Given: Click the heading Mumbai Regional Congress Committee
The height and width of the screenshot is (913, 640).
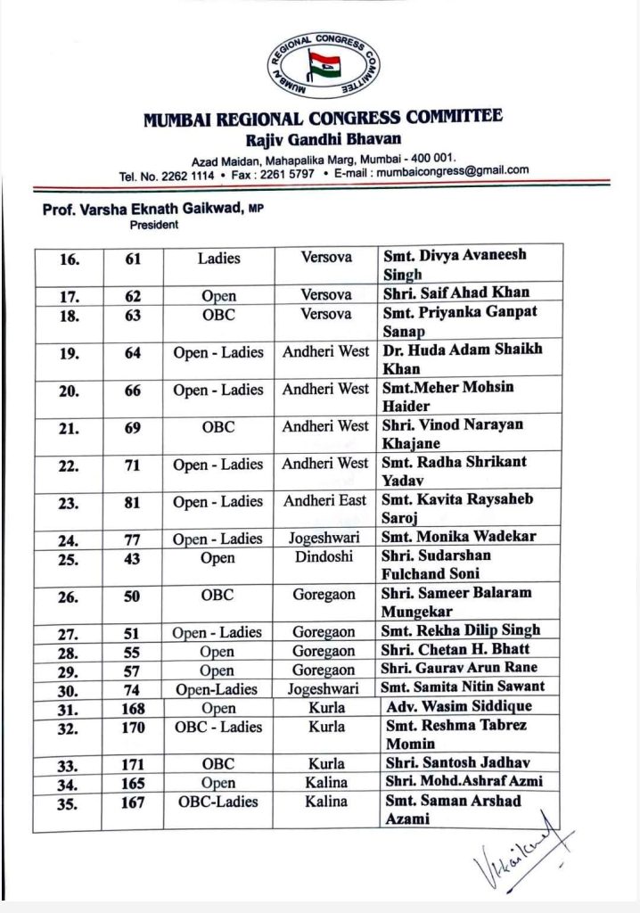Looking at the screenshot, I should (323, 118).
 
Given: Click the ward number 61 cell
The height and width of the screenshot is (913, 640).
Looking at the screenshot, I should (133, 258).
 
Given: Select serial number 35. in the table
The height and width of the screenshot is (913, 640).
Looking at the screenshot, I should (70, 802).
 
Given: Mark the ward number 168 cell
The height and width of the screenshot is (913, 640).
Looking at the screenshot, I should (133, 708).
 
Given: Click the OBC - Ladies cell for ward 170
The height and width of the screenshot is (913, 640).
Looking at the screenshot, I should (218, 727).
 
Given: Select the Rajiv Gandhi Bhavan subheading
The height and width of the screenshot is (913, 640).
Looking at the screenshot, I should (323, 139).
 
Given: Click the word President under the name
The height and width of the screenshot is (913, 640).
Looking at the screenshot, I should (155, 225).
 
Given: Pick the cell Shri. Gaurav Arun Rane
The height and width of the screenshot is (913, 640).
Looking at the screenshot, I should (459, 669).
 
